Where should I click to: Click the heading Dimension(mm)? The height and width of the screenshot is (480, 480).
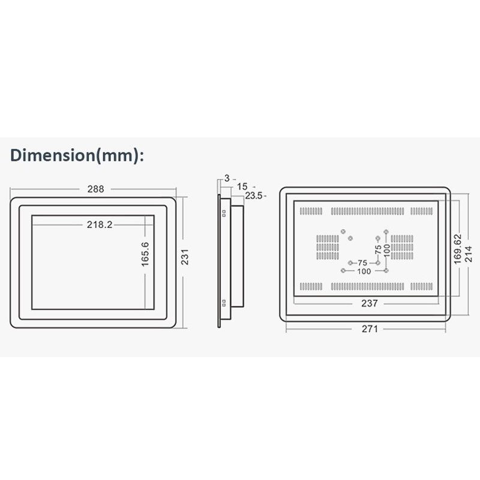click(77, 155)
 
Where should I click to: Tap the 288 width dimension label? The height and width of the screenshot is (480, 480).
click(95, 189)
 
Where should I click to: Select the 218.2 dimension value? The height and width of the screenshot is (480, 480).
click(100, 224)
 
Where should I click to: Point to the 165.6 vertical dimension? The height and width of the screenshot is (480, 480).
click(145, 254)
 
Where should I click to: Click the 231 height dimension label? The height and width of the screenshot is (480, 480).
click(185, 257)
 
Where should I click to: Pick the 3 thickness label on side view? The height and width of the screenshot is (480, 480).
click(227, 178)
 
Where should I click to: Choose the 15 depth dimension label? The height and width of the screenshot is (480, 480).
click(242, 187)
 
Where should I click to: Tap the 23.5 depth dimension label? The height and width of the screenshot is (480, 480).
click(253, 196)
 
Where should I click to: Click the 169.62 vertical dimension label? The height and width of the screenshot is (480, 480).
click(457, 249)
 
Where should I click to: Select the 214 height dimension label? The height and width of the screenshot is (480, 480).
click(469, 254)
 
